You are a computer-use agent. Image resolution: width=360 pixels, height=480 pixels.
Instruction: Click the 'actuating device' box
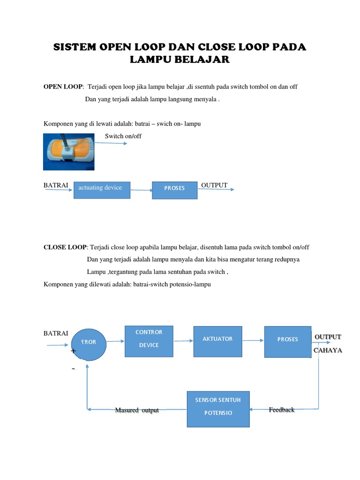tap(102, 189)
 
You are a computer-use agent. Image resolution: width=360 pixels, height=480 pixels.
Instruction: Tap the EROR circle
tap(89, 343)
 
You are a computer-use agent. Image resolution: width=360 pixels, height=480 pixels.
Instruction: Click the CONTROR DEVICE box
tap(149, 341)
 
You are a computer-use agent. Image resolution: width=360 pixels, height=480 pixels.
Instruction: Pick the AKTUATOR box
tap(217, 341)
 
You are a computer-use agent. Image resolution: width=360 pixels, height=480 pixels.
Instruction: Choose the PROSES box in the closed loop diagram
tap(287, 341)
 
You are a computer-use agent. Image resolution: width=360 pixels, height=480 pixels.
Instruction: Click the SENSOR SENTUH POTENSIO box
tap(218, 409)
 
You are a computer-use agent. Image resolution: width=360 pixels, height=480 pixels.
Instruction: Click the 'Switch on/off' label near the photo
tap(123, 136)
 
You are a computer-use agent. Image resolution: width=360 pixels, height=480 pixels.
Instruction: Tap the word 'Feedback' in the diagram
tap(282, 410)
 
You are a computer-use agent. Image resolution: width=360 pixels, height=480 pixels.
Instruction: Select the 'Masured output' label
tap(137, 411)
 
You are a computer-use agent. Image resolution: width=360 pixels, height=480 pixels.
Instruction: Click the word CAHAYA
tap(328, 351)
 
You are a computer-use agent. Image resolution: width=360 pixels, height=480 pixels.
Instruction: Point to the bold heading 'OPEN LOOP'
tap(63, 87)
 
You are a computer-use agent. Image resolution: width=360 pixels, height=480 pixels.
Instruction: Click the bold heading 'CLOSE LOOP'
tap(65, 247)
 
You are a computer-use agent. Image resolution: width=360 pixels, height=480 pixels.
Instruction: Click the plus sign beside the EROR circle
tap(73, 351)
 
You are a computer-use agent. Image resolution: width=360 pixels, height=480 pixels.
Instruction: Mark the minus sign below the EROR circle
tap(73, 369)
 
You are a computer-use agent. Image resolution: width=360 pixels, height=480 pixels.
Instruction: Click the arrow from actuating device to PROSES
tap(141, 190)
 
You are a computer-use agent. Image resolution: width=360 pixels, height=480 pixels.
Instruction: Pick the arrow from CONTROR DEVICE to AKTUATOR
tap(183, 341)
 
